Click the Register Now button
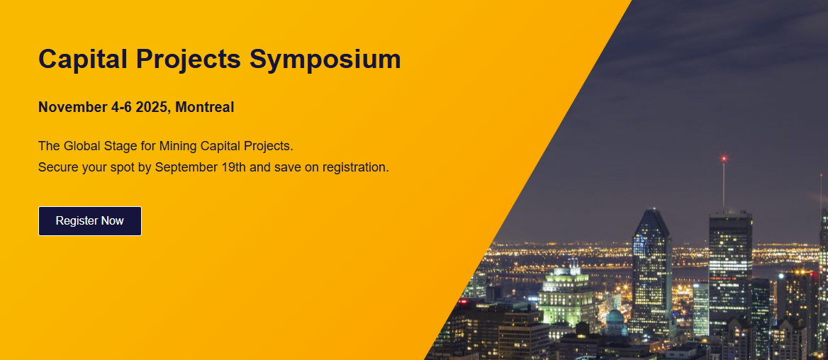coord(90,220)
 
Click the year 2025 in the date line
coord(152,107)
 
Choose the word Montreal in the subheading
coord(205,107)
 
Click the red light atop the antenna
coord(724,158)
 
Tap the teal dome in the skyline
coord(615,320)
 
